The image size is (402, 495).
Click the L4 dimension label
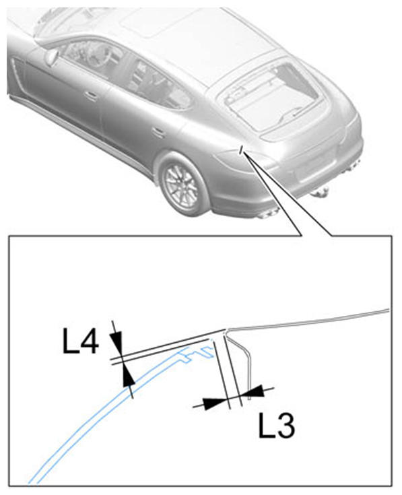pos(81,341)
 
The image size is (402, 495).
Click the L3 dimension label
pos(277,425)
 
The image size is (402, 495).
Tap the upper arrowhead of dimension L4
pos(116,343)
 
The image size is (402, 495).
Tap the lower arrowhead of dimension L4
pos(128,375)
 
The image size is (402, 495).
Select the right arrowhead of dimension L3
pos(253,391)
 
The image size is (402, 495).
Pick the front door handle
pos(90,95)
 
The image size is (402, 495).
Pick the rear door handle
pos(158,131)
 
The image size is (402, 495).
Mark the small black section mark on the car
pos(241,150)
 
